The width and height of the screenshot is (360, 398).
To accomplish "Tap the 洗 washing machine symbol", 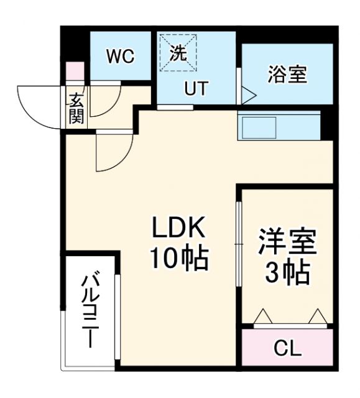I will point(178,53).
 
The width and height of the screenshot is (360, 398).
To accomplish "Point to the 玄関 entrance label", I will point(76,108).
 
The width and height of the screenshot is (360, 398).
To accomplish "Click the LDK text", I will point(179,229).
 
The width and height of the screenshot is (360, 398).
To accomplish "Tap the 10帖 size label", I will point(179,258).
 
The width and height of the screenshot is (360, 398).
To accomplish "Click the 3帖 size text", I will point(287,271).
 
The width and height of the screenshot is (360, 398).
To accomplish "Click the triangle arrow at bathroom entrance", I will point(248,95).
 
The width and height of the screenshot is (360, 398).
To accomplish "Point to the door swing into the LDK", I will point(113,152).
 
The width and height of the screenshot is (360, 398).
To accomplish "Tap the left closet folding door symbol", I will point(262,317).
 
